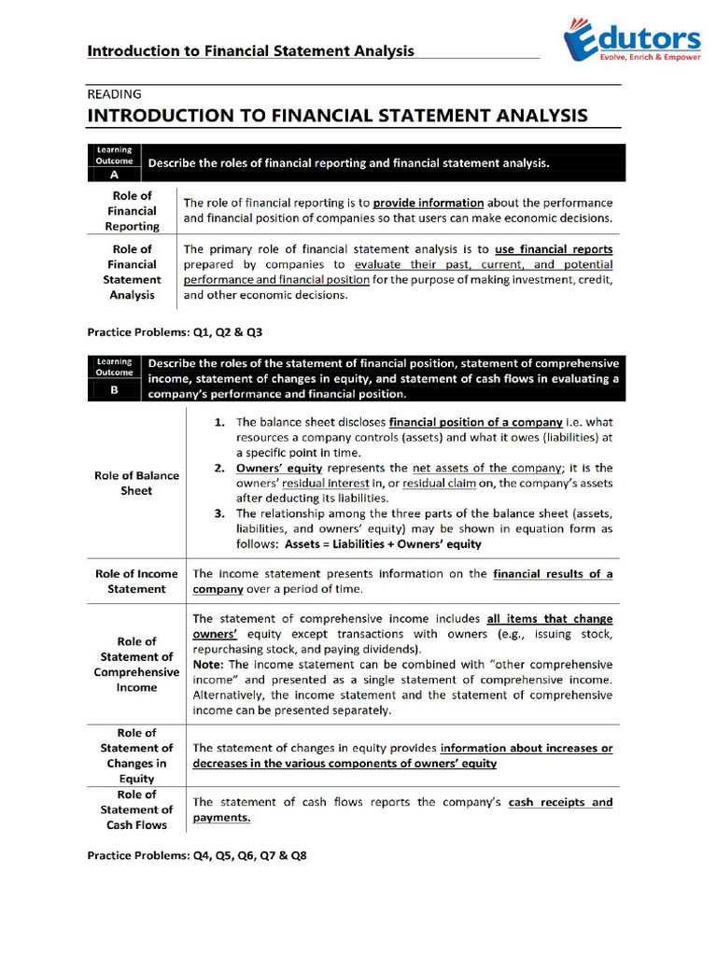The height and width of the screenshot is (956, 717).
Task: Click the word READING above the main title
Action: (x=114, y=94)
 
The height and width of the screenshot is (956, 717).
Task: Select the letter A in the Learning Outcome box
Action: (x=114, y=174)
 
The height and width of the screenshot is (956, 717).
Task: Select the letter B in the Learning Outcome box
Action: (x=114, y=391)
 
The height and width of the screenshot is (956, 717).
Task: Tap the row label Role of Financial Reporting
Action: (x=132, y=211)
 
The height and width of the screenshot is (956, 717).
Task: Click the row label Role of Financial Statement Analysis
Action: (x=132, y=272)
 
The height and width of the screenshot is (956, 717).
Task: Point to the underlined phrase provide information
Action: (x=429, y=203)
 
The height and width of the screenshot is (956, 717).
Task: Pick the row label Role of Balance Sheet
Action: (x=136, y=483)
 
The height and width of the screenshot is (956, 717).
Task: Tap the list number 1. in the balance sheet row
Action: (x=219, y=423)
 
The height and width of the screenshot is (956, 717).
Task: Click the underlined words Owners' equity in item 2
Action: (x=279, y=468)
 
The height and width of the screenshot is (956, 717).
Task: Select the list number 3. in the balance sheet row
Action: (x=219, y=513)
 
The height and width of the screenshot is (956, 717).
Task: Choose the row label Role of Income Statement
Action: (x=136, y=581)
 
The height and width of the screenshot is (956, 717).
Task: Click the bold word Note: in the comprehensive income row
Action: (x=207, y=664)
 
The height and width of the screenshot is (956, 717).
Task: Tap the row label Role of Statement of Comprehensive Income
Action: (x=136, y=664)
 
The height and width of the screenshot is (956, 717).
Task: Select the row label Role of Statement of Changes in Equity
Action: (x=136, y=755)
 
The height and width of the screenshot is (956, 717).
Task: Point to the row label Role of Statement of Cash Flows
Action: (x=136, y=809)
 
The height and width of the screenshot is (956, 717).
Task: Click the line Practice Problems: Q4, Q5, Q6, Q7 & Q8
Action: (x=197, y=855)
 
